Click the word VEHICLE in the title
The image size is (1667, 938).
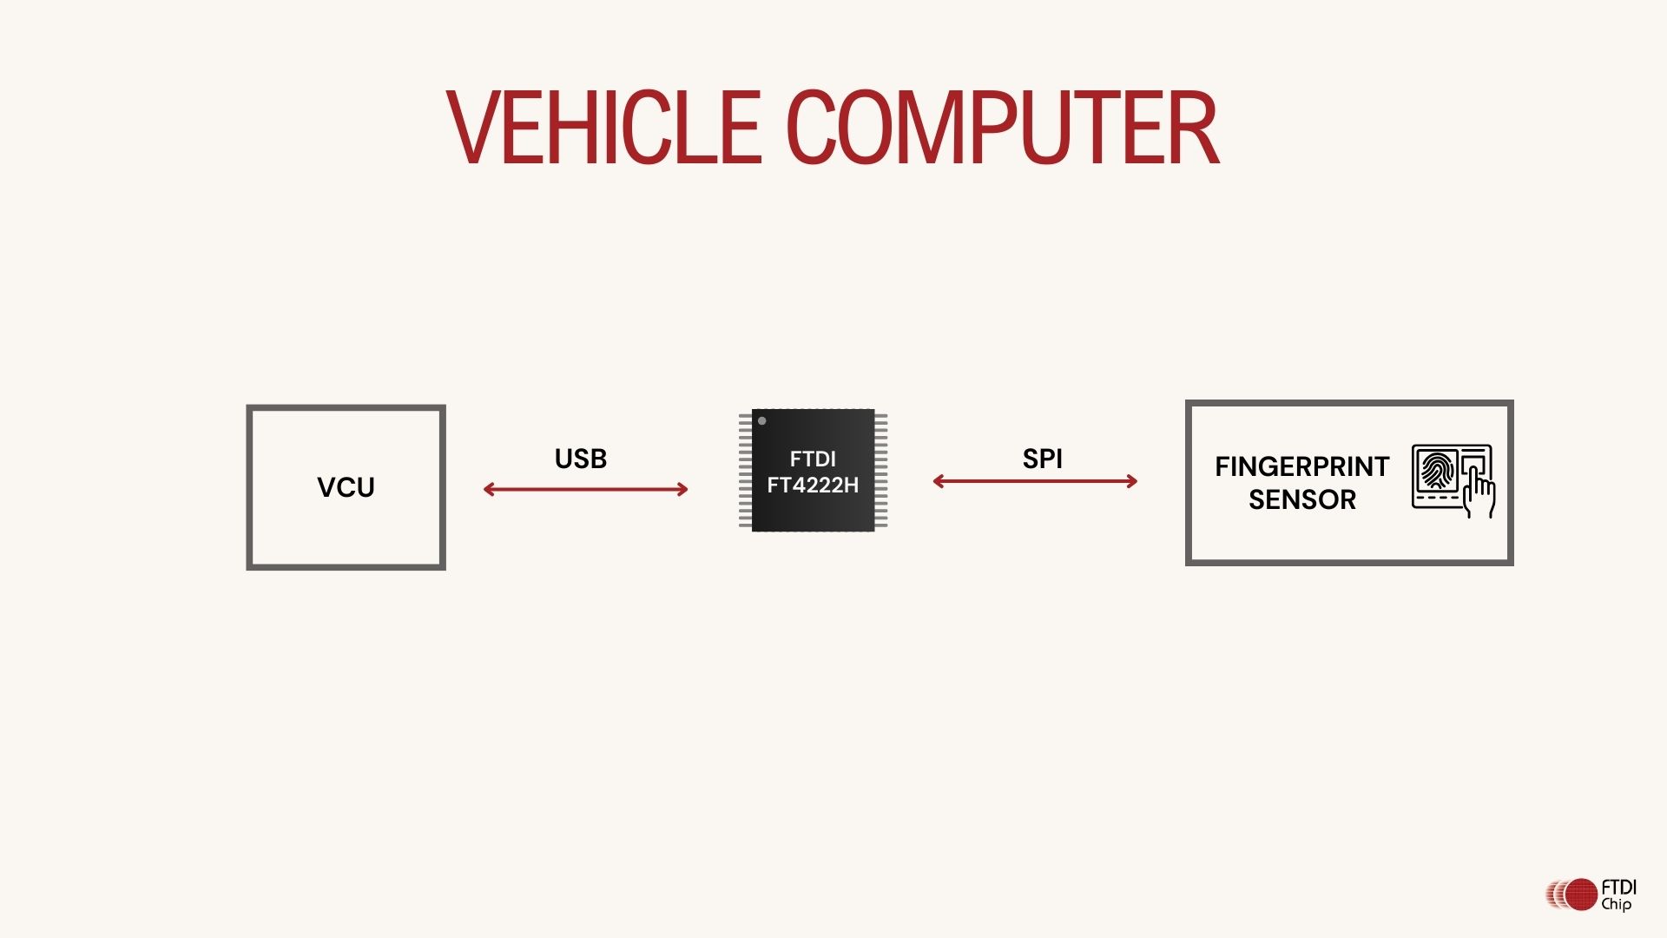click(604, 128)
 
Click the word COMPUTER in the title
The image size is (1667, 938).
click(1003, 128)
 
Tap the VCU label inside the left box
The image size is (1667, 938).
click(346, 487)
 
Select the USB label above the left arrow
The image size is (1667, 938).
click(581, 459)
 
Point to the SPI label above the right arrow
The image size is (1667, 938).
click(1042, 459)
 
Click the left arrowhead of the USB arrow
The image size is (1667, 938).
click(488, 490)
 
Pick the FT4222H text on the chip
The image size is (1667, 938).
click(813, 486)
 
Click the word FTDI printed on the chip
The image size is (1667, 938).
click(813, 459)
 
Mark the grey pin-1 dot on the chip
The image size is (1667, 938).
click(762, 421)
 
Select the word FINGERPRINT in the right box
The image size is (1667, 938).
click(1301, 466)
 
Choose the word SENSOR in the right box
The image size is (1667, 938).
click(1301, 499)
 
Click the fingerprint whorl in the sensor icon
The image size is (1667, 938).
click(1437, 470)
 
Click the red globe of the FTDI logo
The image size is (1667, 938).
click(1581, 895)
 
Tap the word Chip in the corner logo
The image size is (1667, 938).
click(1616, 904)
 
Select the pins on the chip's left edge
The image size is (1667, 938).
click(745, 470)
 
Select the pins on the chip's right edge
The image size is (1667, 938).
click(881, 470)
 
